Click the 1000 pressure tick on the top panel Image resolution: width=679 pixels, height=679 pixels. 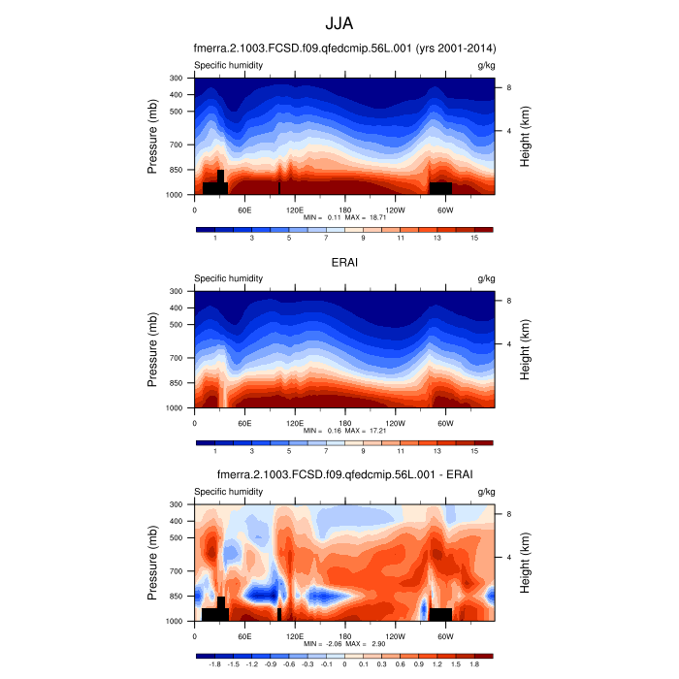point(175,195)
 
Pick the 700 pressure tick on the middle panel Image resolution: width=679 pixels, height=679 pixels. point(177,358)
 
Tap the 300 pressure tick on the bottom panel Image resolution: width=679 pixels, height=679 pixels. point(177,504)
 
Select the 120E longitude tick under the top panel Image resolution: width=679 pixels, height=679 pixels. point(295,210)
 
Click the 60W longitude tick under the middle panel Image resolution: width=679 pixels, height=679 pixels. point(444,423)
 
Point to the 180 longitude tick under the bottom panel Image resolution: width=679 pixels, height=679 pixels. point(344,636)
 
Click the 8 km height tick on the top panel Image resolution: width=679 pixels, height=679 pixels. point(509,87)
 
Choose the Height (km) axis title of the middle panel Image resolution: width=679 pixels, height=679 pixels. point(525,349)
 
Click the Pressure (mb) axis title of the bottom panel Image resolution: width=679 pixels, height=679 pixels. point(153,563)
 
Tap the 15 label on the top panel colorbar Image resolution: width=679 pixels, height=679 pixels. point(475,238)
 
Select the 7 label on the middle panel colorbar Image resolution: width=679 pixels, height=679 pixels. point(326,451)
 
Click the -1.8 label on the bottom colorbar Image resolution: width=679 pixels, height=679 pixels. point(214,664)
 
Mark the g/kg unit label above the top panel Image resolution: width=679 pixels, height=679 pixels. point(486,65)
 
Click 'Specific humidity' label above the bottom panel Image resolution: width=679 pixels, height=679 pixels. point(228,492)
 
